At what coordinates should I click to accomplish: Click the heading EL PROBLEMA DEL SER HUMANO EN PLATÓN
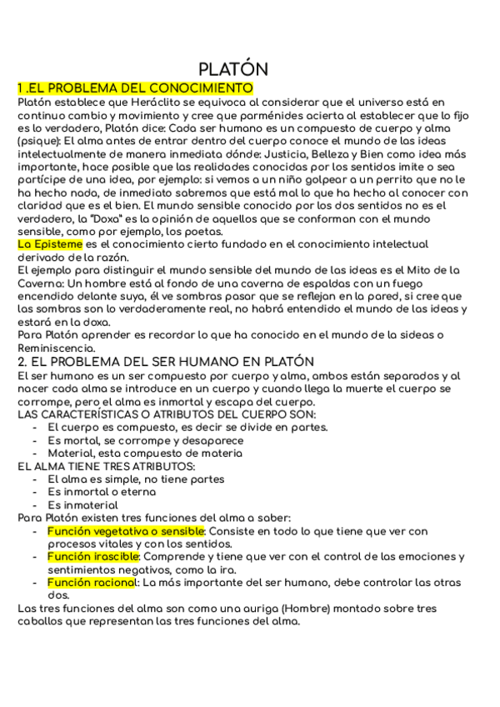[x=165, y=362]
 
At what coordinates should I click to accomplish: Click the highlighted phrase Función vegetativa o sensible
[x=126, y=531]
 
